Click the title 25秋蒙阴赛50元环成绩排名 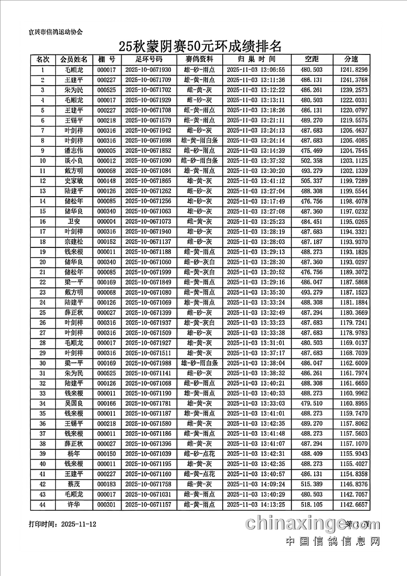point(200,47)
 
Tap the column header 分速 point(352,60)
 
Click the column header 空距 point(311,60)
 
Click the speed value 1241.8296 point(354,70)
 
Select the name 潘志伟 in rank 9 point(73,150)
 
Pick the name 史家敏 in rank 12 point(73,181)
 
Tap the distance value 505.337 point(311,181)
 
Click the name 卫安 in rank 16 point(73,221)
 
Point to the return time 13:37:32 point(255,161)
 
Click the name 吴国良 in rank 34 point(73,403)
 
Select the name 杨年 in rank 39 point(73,454)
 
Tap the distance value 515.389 point(311,484)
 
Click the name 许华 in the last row point(73,505)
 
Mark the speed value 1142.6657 point(354,505)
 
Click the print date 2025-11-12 point(79,524)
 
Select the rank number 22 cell point(43,282)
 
